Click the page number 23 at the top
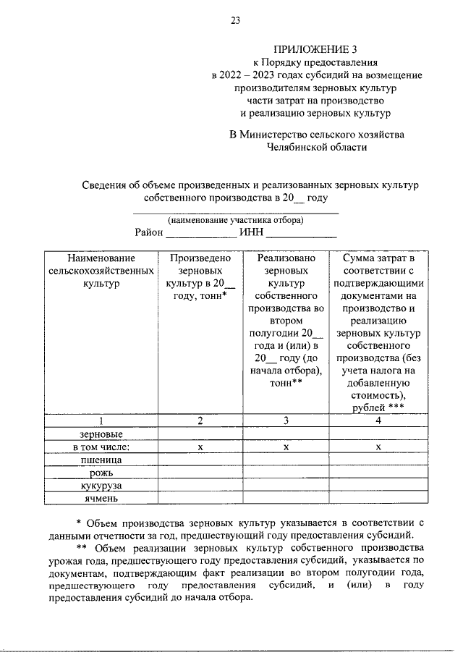tap(236, 21)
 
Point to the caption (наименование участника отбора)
tap(236, 220)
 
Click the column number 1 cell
tap(101, 421)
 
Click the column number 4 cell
tap(378, 421)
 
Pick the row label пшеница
tap(101, 460)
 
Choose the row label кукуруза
tap(101, 485)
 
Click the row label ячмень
tap(101, 498)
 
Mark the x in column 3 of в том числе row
tap(286, 447)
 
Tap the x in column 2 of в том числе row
tap(201, 447)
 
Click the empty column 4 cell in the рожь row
tap(378, 472)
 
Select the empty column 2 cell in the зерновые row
tap(201, 434)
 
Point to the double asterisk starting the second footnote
tap(82, 547)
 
